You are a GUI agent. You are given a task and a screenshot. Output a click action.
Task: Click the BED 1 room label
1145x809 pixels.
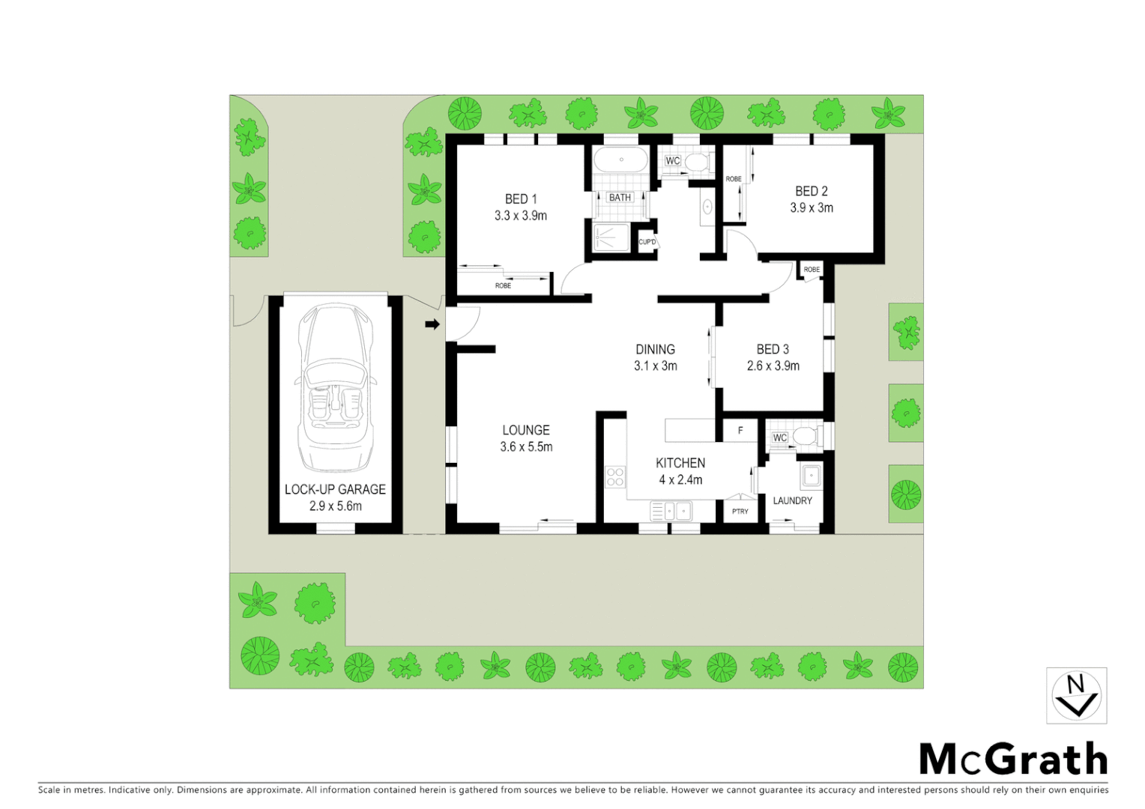[521, 199]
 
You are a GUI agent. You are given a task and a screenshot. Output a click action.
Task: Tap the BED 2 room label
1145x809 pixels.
[812, 192]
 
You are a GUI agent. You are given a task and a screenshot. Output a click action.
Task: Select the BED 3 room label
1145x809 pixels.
[773, 349]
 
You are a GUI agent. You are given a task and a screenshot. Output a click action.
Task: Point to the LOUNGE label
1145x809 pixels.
[526, 430]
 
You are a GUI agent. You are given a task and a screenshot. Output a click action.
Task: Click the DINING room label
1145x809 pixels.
[655, 349]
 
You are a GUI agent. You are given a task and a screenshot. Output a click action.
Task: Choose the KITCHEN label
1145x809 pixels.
[680, 463]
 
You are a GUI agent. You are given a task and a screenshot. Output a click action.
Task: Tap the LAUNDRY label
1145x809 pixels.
[792, 500]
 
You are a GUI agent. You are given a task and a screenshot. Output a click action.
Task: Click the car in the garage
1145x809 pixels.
[335, 386]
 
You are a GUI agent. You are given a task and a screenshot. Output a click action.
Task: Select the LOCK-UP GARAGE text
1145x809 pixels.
[335, 489]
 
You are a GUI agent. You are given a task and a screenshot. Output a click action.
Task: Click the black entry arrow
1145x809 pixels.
[432, 324]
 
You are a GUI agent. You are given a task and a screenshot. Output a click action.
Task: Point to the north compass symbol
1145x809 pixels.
[1076, 696]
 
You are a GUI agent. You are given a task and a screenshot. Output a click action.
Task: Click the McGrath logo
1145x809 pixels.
[1013, 759]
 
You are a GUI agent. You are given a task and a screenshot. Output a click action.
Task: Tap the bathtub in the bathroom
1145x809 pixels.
[620, 160]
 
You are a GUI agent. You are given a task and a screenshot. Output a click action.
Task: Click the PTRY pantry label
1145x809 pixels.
[740, 511]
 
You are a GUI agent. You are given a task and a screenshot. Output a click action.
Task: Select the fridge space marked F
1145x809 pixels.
[740, 431]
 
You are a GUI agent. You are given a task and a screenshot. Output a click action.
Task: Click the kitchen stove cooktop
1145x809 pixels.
[615, 476]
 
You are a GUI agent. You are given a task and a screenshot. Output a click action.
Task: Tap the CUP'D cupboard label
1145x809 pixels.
[647, 242]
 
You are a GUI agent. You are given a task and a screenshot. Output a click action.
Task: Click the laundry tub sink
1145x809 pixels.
[811, 475]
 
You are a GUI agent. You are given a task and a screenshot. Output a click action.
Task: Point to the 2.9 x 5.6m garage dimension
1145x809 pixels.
[335, 506]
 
